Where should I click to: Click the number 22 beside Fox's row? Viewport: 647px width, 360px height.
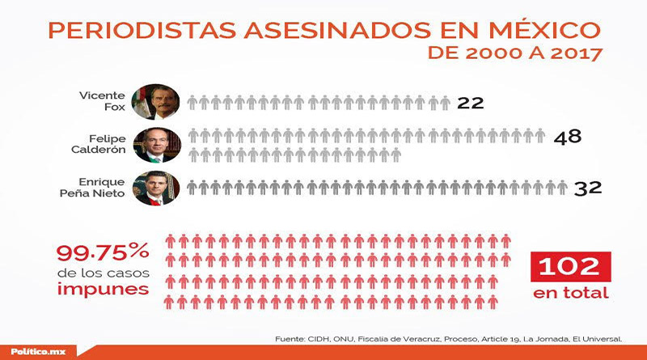[x=470, y=103]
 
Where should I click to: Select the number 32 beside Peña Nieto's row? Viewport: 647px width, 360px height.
[x=589, y=188]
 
